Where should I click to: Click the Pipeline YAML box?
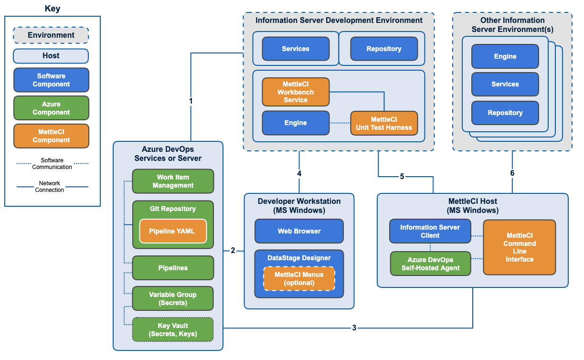173,231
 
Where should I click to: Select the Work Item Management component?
173,181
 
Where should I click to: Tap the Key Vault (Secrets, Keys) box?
173,330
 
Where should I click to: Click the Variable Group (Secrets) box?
173,298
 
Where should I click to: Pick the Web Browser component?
299,231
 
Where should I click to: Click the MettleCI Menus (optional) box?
299,278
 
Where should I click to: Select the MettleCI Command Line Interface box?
520,247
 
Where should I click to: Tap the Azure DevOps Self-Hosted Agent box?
430,264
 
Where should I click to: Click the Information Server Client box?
430,231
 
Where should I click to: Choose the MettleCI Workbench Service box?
296,92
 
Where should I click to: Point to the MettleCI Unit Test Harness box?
384,123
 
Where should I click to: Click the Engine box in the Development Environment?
296,123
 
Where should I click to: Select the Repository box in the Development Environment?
384,49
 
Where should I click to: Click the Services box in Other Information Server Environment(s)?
505,84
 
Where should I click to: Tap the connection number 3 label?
354,328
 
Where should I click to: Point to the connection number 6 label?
512,173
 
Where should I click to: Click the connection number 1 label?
191,101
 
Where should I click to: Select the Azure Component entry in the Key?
51,108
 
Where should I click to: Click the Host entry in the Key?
51,56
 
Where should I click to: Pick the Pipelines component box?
173,268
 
